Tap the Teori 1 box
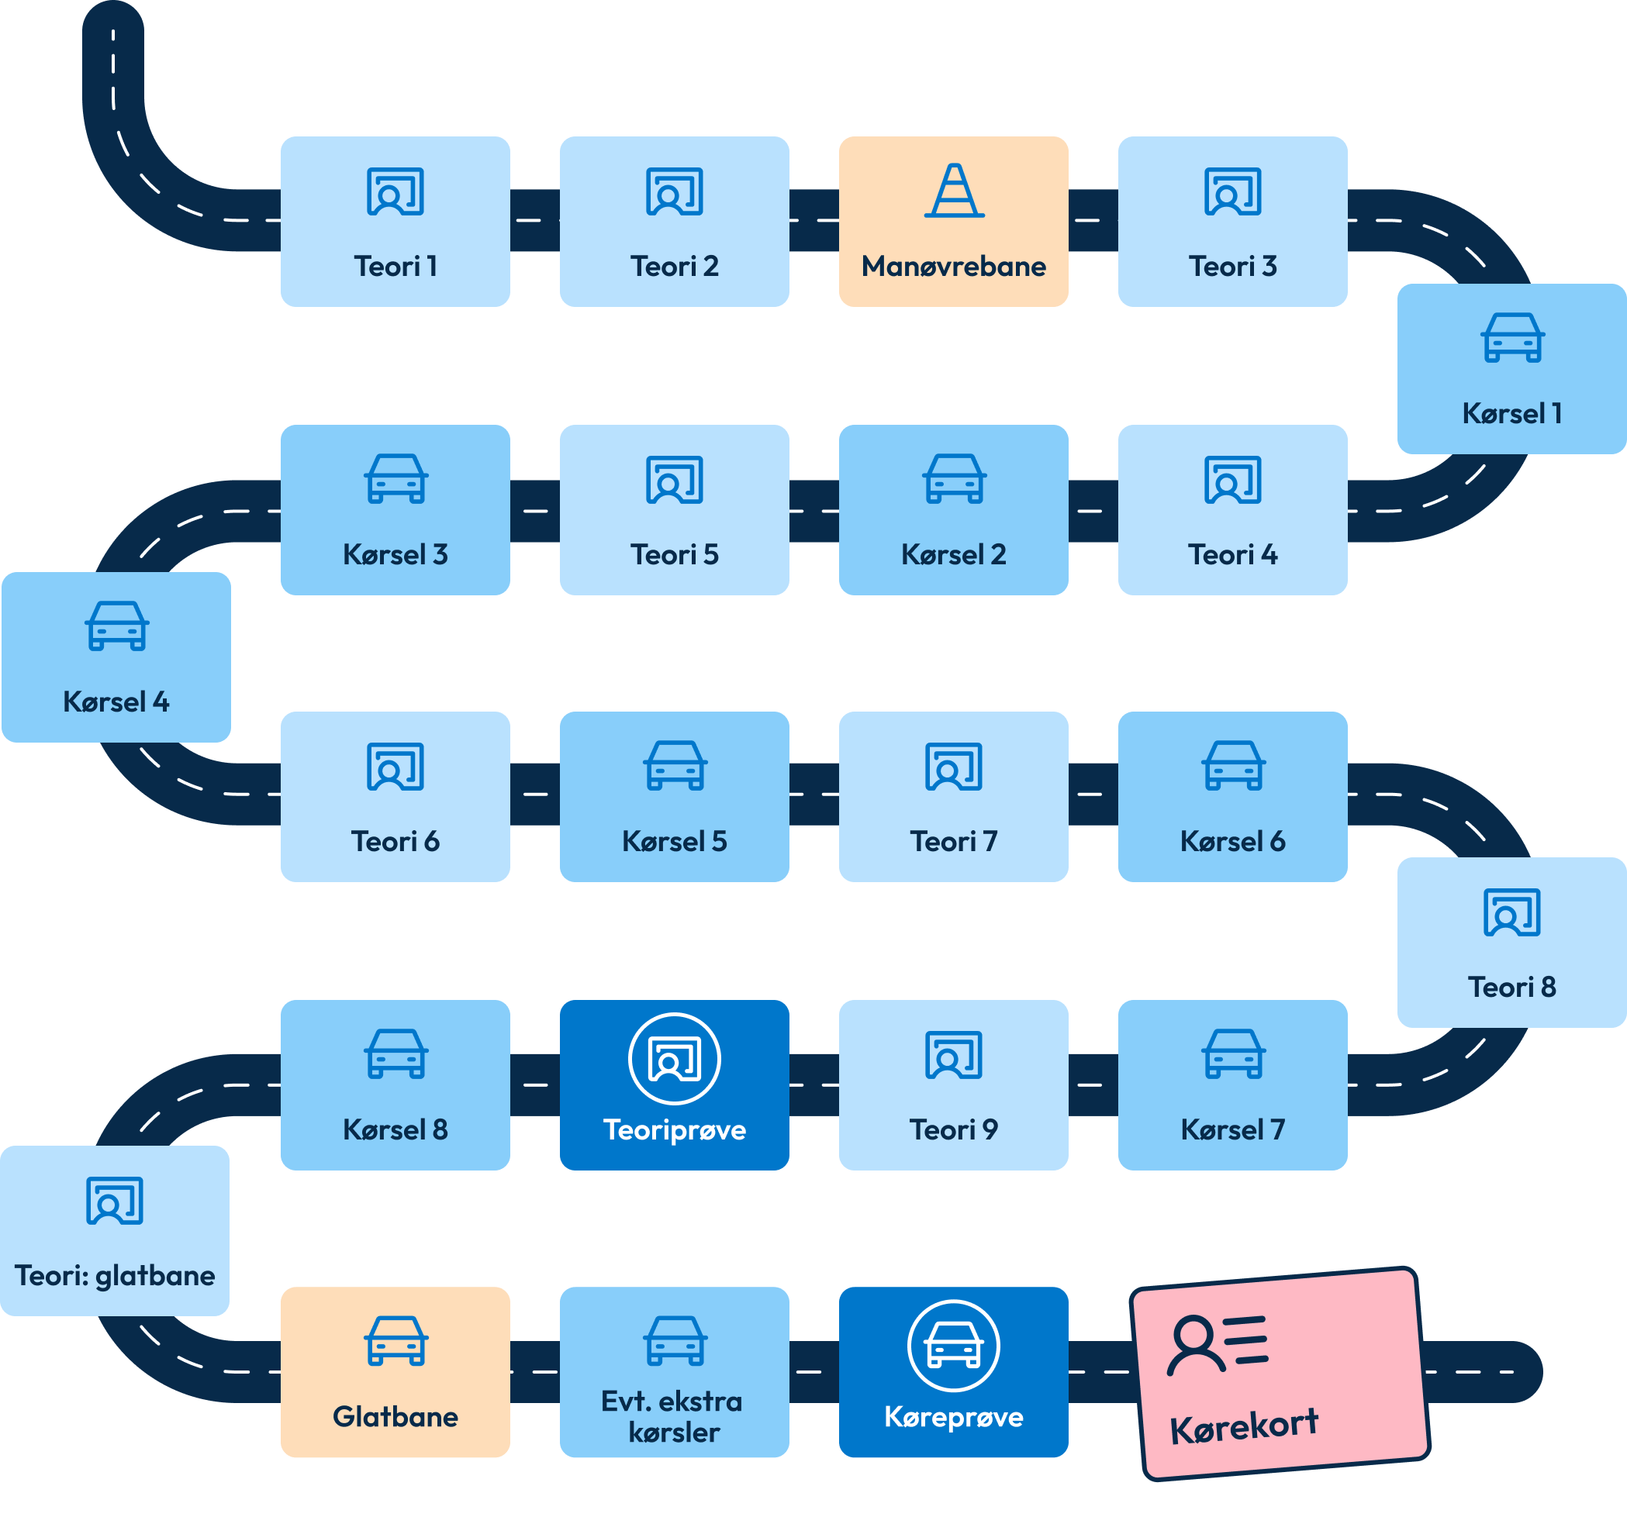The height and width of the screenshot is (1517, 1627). point(396,222)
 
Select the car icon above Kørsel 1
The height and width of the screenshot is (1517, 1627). point(1512,338)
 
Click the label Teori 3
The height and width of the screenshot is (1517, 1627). point(1232,267)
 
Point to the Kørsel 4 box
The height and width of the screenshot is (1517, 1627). point(116,657)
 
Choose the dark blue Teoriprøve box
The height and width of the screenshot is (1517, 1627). point(675,1085)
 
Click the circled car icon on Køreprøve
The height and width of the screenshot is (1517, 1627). point(953,1346)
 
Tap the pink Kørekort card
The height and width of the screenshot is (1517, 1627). point(1280,1374)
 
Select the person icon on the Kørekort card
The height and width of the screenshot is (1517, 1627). point(1196,1345)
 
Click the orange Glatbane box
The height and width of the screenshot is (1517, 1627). point(396,1372)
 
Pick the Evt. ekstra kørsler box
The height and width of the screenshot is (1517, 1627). point(675,1372)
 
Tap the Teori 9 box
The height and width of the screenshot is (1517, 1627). point(953,1085)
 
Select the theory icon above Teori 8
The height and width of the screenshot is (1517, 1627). point(1511,912)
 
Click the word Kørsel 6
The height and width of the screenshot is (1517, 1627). point(1232,842)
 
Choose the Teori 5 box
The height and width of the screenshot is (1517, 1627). point(675,510)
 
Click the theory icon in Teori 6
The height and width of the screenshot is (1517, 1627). point(396,767)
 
